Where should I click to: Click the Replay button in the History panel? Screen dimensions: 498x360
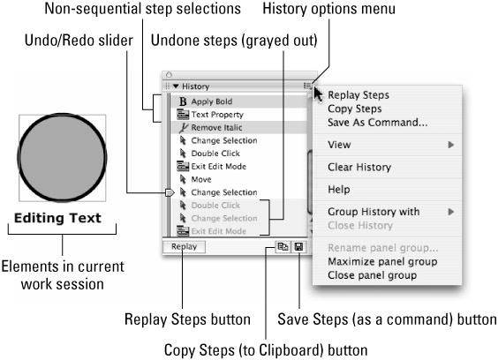tap(184, 247)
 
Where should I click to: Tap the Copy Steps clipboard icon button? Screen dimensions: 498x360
tap(283, 247)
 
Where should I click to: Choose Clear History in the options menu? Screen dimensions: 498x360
tap(359, 167)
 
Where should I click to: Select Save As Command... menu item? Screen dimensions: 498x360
tap(378, 123)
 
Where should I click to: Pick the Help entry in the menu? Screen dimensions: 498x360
tap(339, 190)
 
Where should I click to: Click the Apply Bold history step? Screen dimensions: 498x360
tap(212, 101)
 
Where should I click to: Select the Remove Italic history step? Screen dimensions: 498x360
tap(216, 128)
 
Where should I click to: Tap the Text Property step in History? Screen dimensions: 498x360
tap(217, 115)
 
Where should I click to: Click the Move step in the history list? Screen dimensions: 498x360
tap(201, 179)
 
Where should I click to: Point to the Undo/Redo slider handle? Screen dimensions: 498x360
tap(170, 192)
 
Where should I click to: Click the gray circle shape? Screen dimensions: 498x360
tap(62, 157)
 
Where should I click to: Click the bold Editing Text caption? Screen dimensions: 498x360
tap(57, 218)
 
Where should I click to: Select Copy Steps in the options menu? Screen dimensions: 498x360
tap(354, 109)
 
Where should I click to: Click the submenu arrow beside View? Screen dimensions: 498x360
tap(450, 145)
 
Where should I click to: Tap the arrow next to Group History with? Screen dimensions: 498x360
tap(450, 212)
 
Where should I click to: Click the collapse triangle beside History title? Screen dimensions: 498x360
tap(176, 86)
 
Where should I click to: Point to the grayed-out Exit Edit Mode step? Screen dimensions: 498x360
tap(218, 231)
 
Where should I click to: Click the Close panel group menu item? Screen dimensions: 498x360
tap(373, 275)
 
